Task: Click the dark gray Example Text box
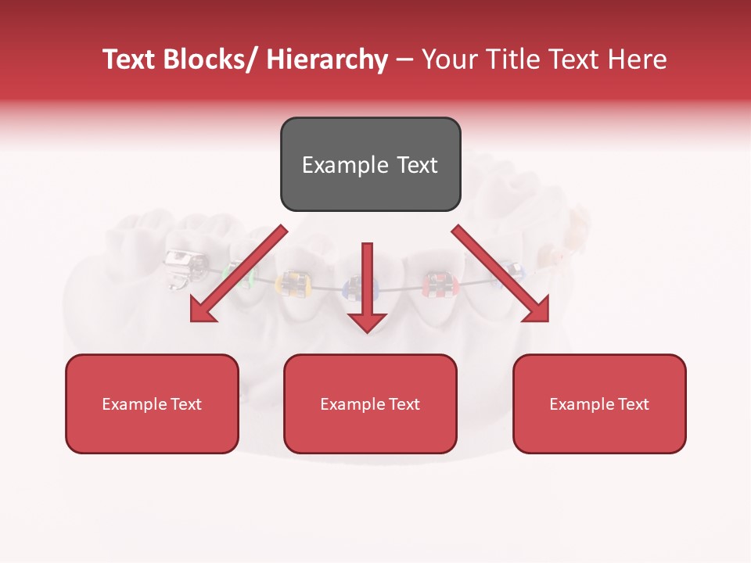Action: [370, 164]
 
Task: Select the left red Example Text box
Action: [152, 403]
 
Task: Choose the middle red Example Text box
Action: [370, 403]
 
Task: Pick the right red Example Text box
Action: [599, 403]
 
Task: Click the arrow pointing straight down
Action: [367, 281]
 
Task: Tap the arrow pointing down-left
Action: [239, 274]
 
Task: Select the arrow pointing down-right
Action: [501, 274]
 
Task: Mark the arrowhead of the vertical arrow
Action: [367, 321]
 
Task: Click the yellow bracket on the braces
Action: [294, 283]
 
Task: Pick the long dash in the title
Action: [404, 59]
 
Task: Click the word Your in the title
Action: [447, 59]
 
